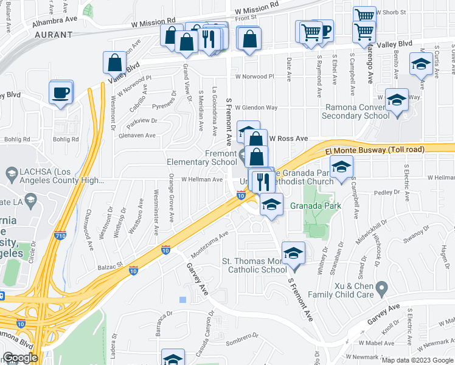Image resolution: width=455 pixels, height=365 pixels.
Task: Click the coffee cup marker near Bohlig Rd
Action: [61, 93]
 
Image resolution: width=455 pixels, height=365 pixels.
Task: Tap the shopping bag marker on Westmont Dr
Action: [115, 63]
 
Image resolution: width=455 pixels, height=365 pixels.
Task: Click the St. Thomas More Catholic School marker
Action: [293, 253]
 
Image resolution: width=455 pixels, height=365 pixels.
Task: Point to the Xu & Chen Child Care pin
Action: [382, 286]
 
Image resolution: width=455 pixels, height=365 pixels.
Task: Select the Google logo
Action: [20, 358]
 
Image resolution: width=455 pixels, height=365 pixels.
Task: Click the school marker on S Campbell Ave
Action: [341, 167]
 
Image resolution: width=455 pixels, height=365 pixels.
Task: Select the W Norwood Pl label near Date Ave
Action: [255, 77]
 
